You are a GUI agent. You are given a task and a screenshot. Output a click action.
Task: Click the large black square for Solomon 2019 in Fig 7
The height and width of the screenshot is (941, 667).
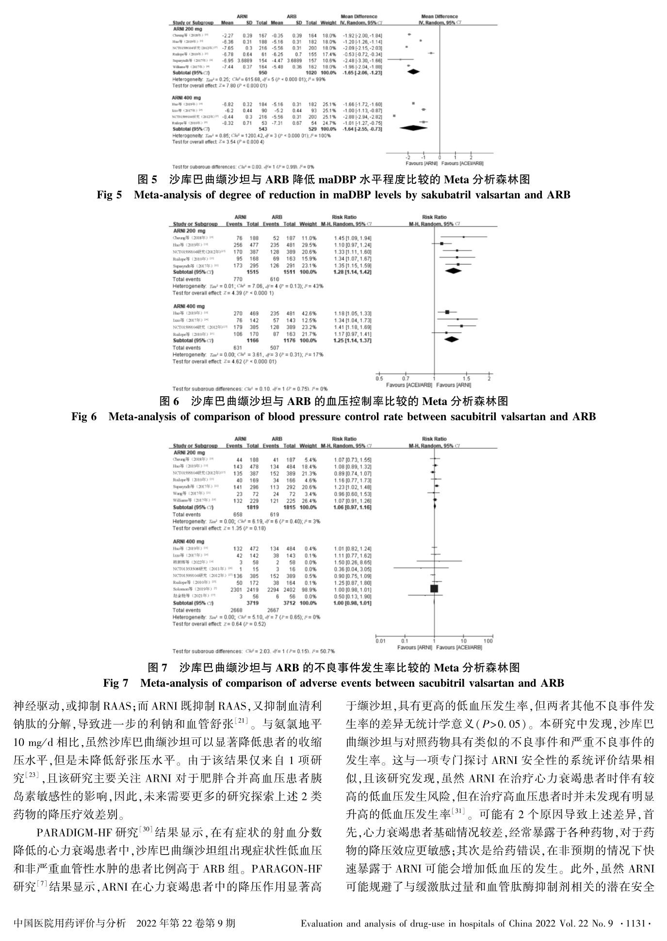click(434, 589)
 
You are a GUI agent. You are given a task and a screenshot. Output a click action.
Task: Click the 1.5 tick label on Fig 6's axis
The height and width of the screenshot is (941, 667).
click(466, 378)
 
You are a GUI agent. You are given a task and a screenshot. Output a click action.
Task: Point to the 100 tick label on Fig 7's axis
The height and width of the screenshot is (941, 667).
click(488, 641)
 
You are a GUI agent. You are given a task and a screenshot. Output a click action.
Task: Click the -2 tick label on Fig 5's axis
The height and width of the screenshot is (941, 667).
click(407, 158)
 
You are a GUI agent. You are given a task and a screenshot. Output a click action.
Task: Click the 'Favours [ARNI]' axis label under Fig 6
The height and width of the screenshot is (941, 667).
click(454, 385)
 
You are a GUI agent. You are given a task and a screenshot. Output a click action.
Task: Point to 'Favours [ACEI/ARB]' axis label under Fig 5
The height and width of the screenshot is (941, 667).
click(463, 163)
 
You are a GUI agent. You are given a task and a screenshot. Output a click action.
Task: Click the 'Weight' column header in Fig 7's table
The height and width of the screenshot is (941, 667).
click(308, 445)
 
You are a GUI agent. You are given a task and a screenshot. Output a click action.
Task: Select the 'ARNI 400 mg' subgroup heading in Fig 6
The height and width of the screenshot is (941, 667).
click(189, 307)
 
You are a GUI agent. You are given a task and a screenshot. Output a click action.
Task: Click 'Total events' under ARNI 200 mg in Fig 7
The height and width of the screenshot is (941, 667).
click(187, 514)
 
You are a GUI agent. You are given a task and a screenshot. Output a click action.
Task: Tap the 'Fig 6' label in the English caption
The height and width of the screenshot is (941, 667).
click(84, 416)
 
